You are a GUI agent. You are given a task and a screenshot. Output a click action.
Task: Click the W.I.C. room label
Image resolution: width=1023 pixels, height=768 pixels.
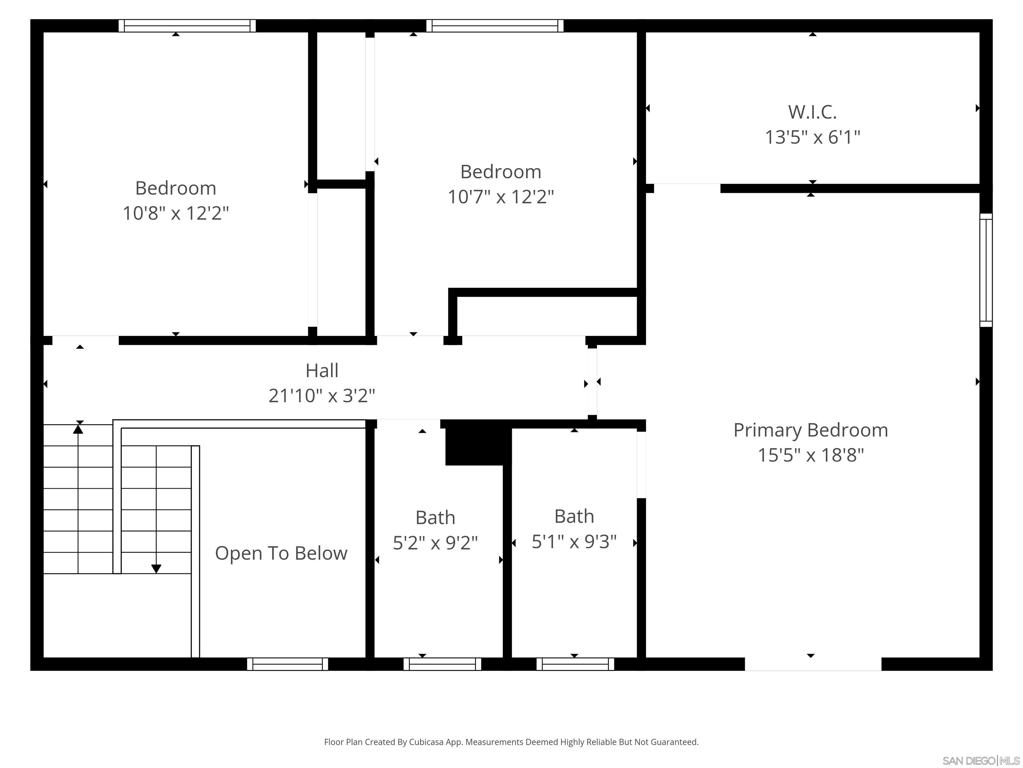[x=812, y=112]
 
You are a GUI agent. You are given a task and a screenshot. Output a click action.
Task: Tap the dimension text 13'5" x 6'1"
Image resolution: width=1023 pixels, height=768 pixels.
[x=812, y=137]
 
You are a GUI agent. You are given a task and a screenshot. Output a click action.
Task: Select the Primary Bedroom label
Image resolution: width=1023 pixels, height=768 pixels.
[x=810, y=430]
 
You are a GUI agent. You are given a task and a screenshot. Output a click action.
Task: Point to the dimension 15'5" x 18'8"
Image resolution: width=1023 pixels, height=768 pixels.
[x=810, y=455]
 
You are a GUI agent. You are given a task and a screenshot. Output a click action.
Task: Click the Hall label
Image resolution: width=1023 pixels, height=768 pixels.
[x=322, y=370]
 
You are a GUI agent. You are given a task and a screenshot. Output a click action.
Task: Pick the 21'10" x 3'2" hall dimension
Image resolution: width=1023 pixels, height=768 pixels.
[x=322, y=395]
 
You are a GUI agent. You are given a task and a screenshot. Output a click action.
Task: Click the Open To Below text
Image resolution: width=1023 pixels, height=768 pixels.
[x=281, y=553]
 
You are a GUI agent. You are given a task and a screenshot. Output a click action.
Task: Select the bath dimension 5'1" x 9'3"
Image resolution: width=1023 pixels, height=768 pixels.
[x=574, y=541]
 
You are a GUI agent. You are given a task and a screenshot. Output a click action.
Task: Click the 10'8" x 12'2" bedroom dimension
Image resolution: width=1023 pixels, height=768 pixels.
[x=176, y=213]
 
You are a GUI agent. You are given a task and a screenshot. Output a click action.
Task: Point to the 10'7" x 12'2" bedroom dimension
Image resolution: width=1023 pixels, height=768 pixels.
[x=501, y=197]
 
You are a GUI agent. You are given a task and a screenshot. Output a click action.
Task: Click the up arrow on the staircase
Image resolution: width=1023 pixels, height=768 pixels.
[x=78, y=429]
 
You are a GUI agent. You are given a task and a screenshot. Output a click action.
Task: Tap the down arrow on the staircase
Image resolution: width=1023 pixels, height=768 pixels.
[x=156, y=568]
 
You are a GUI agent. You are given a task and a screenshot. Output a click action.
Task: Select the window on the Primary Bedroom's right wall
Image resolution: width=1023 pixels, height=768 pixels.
[x=986, y=270]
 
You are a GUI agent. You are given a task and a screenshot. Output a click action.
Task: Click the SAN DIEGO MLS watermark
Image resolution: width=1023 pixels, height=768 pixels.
[x=980, y=761]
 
